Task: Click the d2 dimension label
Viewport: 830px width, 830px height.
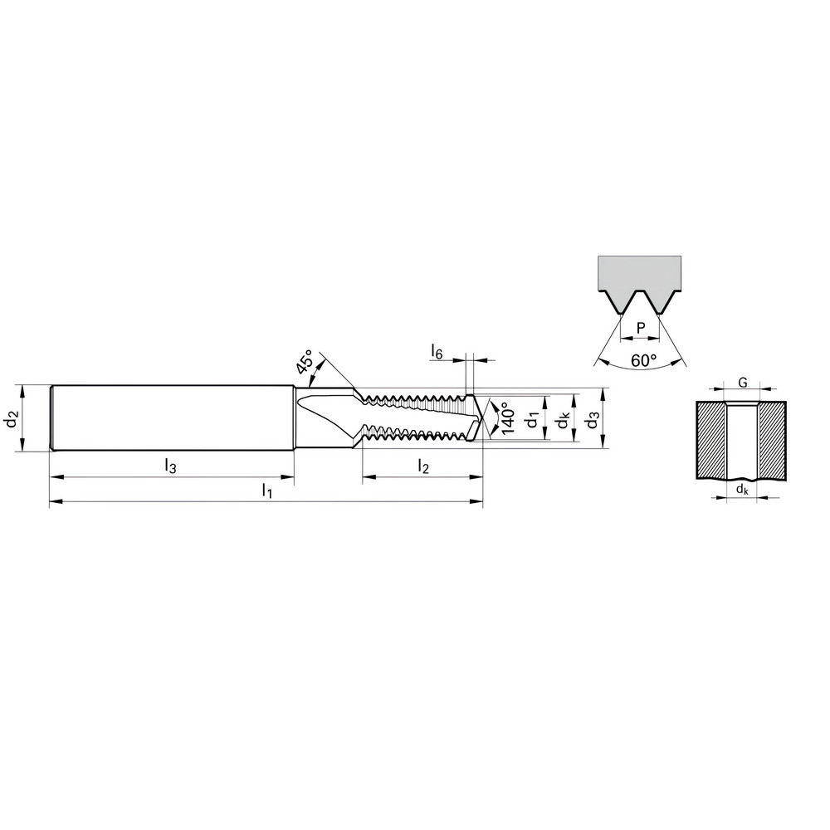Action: (x=11, y=419)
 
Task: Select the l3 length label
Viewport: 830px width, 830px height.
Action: (x=169, y=466)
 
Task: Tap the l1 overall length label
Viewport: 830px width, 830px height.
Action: (x=266, y=491)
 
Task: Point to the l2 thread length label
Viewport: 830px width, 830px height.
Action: (x=422, y=466)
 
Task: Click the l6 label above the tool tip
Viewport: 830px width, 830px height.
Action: (x=437, y=352)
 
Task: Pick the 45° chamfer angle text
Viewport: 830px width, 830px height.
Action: (x=304, y=365)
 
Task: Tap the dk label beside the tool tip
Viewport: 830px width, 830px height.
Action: (x=563, y=422)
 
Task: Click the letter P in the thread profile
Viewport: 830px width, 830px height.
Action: (x=640, y=329)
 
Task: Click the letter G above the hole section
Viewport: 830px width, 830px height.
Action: (x=743, y=383)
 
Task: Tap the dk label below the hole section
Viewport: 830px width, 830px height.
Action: (x=742, y=491)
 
